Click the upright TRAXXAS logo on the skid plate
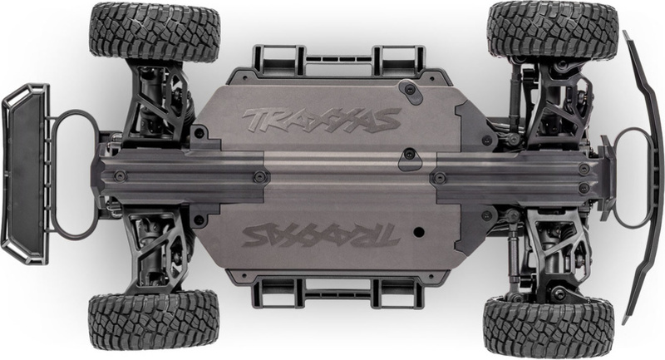(322, 120)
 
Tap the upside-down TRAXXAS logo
(321, 235)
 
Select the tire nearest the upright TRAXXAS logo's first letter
(155, 32)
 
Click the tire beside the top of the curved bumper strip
(553, 30)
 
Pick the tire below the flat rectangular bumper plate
(154, 319)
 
